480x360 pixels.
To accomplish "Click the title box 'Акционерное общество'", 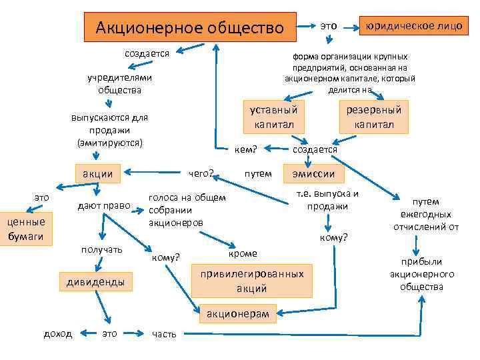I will tap(189, 28).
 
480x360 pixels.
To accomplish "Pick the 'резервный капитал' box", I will tap(374, 117).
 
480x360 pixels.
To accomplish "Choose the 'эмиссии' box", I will tap(314, 174).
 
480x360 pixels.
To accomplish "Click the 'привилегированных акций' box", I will tap(251, 281).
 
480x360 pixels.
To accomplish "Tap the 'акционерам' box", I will tap(237, 313).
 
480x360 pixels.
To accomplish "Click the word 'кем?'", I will tap(246, 149).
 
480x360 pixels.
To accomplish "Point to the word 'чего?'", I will tap(201, 174).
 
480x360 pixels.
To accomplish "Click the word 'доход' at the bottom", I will tap(58, 333).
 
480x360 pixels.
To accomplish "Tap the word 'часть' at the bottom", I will tap(165, 334).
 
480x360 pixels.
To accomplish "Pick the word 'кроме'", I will tap(242, 254).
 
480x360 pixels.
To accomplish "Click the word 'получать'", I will tap(101, 249).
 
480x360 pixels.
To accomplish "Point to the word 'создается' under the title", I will tap(147, 53).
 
